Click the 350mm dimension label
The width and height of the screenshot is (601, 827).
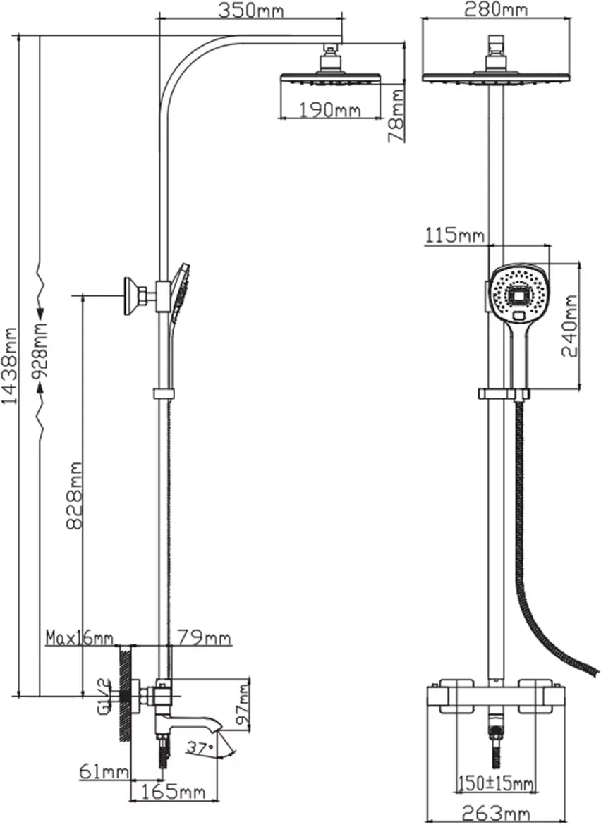pyautogui.click(x=251, y=10)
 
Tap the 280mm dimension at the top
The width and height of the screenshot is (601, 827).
pyautogui.click(x=495, y=9)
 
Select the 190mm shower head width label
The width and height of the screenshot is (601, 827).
pyautogui.click(x=330, y=110)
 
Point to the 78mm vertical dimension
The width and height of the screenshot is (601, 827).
pyautogui.click(x=396, y=116)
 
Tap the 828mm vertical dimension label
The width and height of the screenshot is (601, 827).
pyautogui.click(x=74, y=496)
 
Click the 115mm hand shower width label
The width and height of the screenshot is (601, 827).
pyautogui.click(x=455, y=235)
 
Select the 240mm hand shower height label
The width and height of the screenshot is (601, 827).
pyautogui.click(x=571, y=326)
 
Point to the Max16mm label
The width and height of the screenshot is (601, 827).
pyautogui.click(x=80, y=637)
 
